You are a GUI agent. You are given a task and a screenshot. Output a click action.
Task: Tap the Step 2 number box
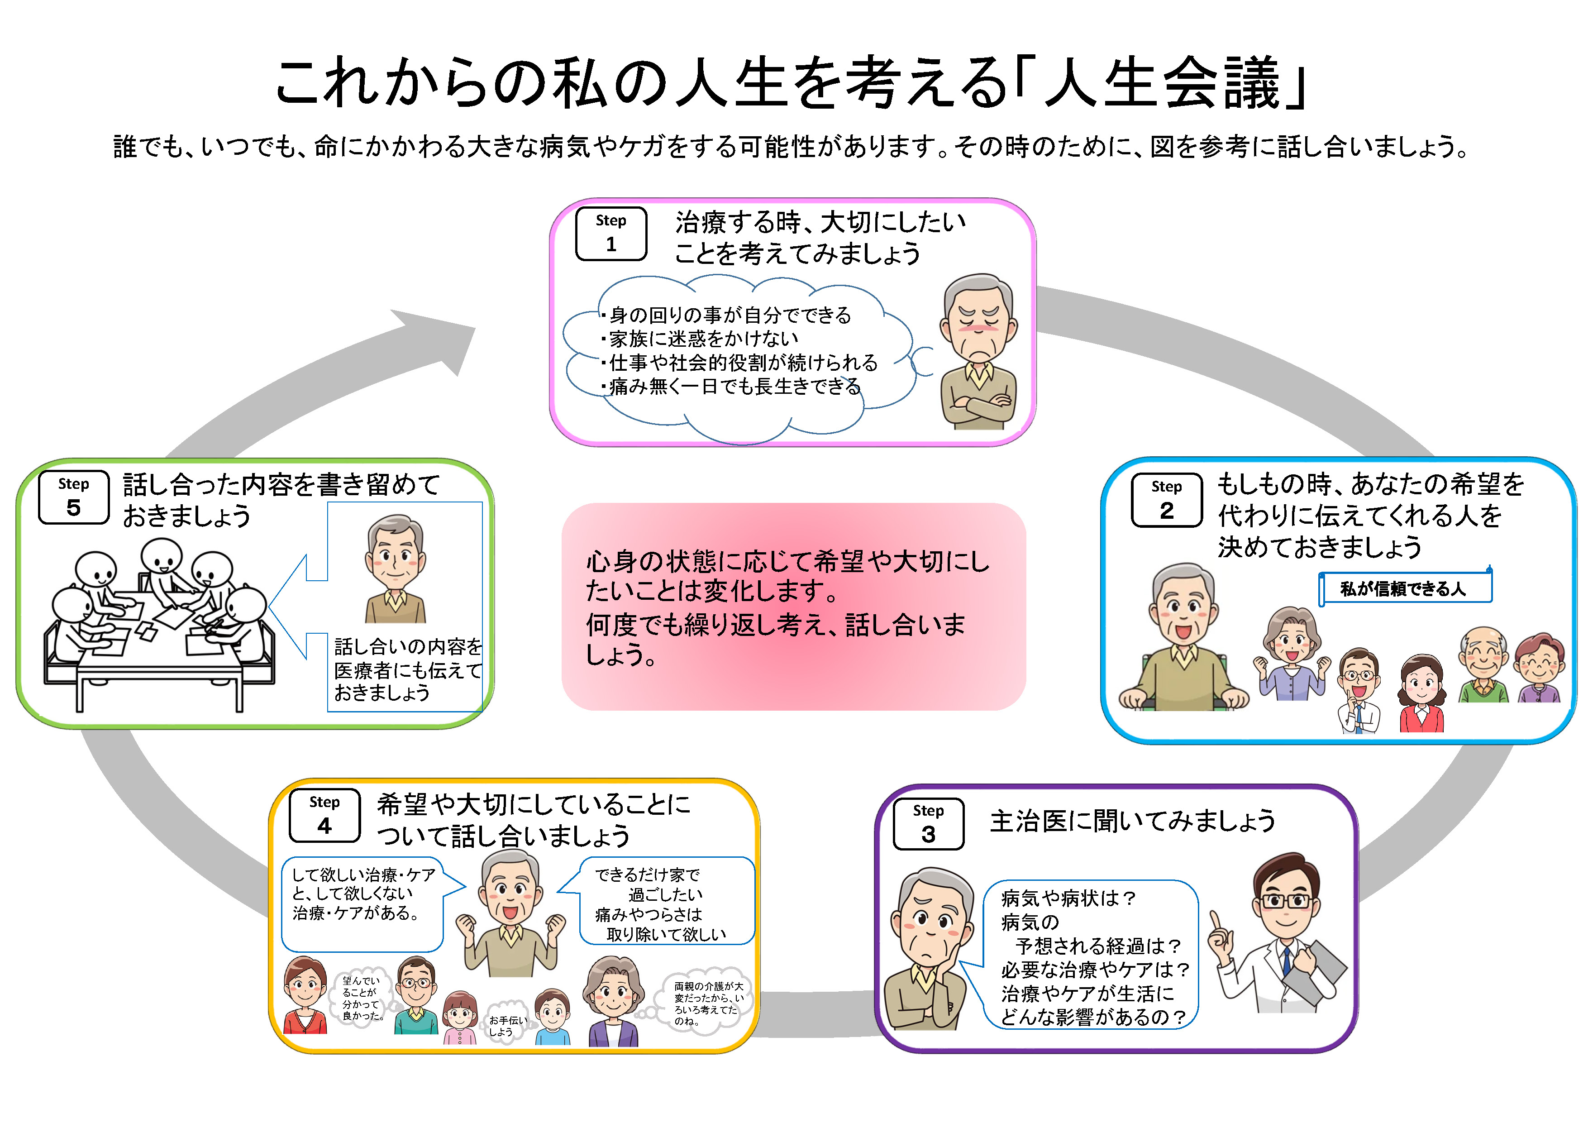(x=1166, y=500)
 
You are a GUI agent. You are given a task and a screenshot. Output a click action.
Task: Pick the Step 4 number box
(x=324, y=816)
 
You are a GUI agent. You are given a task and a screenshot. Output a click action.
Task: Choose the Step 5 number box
(x=73, y=497)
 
